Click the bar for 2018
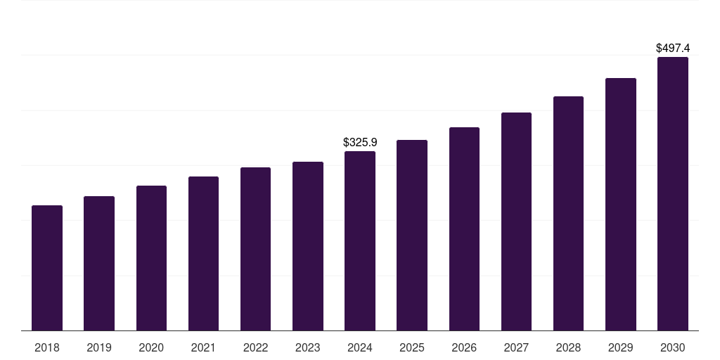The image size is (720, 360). click(x=47, y=268)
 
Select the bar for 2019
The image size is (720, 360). click(x=99, y=264)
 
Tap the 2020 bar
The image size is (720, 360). click(x=151, y=258)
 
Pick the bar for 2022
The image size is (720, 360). click(x=255, y=249)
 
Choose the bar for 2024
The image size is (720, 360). click(x=360, y=241)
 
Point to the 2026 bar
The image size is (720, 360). click(x=464, y=229)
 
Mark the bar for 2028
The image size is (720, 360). click(x=568, y=214)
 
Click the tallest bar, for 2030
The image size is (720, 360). click(x=673, y=194)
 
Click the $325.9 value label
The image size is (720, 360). click(x=360, y=142)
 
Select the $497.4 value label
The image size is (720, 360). click(x=673, y=49)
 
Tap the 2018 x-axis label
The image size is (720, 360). click(x=47, y=348)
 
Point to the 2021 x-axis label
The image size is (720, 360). click(x=203, y=348)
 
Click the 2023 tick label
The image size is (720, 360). click(x=308, y=348)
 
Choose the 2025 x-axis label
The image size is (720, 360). click(x=412, y=348)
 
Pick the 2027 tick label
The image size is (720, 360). click(x=516, y=348)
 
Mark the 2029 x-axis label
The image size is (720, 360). click(x=621, y=348)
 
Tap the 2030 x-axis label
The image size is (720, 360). click(x=673, y=348)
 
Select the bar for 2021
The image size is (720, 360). click(x=203, y=254)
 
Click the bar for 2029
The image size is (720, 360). click(x=621, y=205)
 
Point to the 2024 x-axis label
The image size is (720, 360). click(x=360, y=348)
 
